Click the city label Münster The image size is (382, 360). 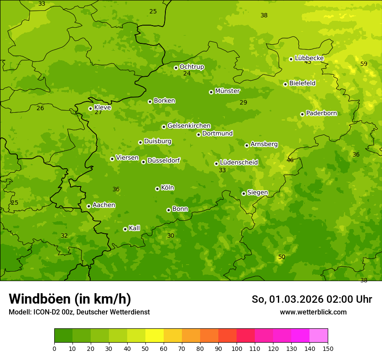click(x=227, y=91)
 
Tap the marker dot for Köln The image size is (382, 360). click(x=157, y=189)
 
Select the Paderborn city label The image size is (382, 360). click(x=321, y=113)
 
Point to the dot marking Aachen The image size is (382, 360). click(x=89, y=206)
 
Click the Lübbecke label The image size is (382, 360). click(x=309, y=58)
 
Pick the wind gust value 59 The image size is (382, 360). click(x=364, y=64)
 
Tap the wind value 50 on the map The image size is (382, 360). click(x=282, y=257)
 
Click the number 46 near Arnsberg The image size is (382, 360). click(x=290, y=160)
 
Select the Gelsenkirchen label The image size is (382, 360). click(x=189, y=126)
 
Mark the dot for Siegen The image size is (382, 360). click(x=244, y=193)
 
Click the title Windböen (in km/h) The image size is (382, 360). click(x=70, y=299)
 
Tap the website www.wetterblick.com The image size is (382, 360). click(x=313, y=312)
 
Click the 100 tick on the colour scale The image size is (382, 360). click(x=237, y=348)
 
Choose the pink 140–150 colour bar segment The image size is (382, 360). click(x=319, y=336)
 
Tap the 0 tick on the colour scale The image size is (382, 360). click(x=54, y=348)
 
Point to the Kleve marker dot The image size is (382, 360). click(x=90, y=108)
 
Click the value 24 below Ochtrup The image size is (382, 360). click(x=187, y=74)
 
